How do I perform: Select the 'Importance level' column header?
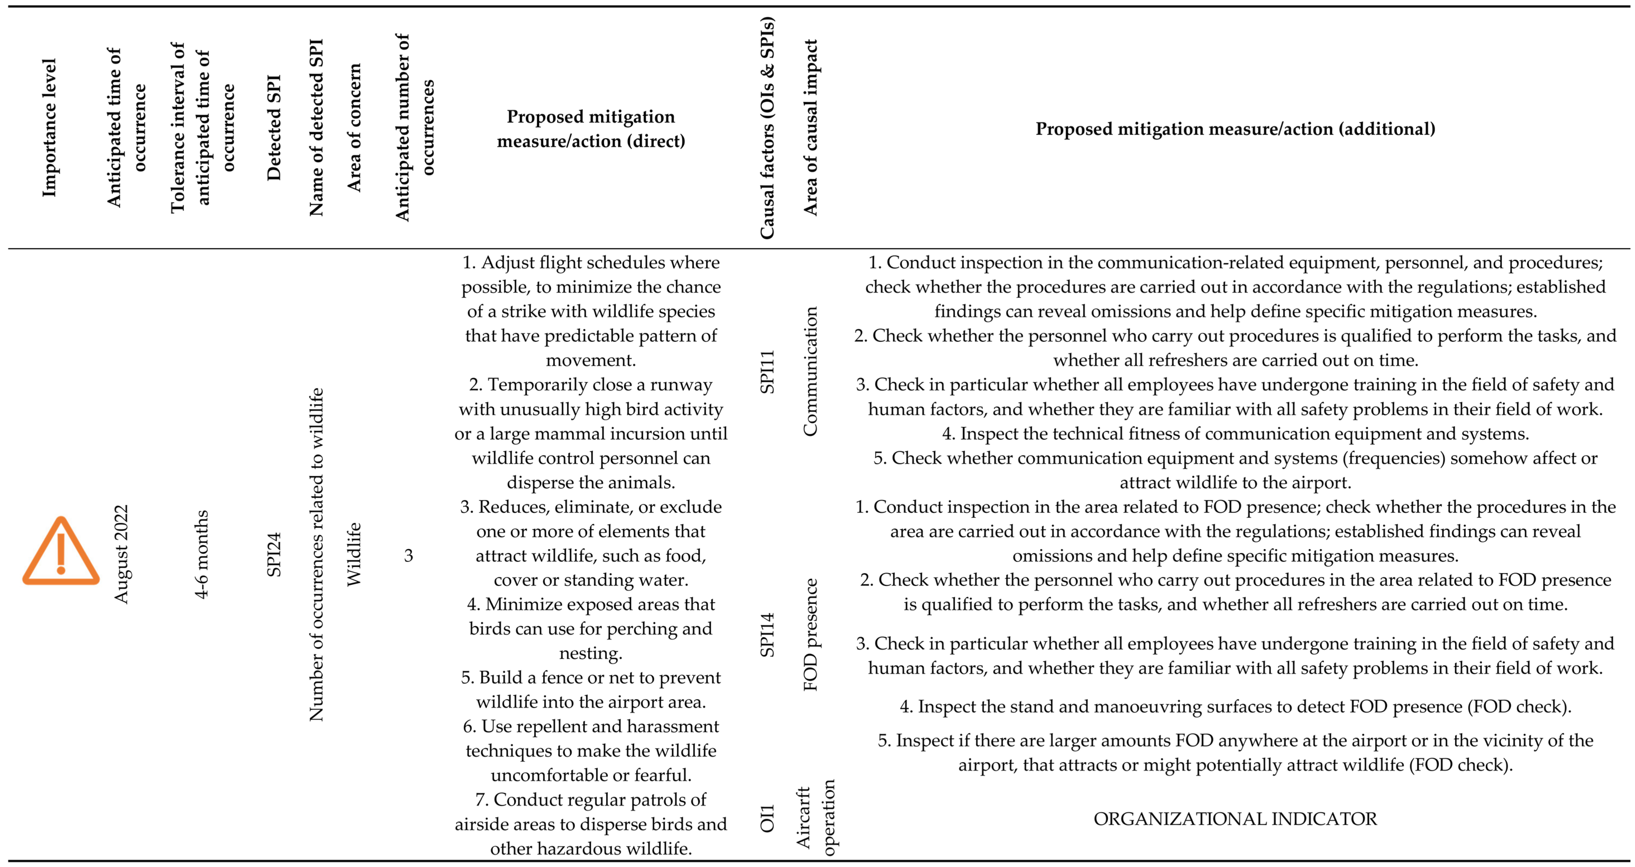49,127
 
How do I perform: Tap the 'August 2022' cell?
121,554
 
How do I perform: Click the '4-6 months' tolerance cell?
201,554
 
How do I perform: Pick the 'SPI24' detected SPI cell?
274,554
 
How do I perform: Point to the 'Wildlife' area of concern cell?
353,554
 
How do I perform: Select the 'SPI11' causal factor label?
767,371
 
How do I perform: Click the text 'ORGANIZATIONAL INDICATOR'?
1235,819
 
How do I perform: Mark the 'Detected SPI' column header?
274,127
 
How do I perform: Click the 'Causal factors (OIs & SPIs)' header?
767,127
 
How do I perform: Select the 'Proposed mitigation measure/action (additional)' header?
1235,129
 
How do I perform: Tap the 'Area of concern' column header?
353,127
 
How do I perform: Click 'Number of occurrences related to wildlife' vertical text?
316,554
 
